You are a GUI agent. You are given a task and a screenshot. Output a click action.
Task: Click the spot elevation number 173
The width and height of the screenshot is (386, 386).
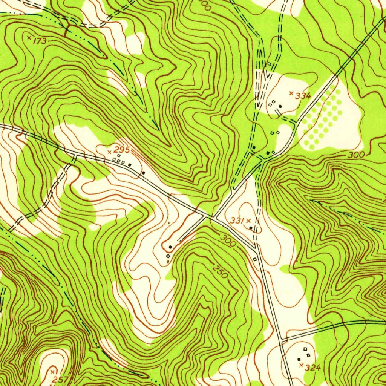coord(40,41)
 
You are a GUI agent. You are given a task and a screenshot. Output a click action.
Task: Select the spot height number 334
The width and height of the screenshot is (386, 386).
coord(303,96)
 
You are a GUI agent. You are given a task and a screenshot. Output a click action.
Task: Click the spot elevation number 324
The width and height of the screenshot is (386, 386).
coord(312,368)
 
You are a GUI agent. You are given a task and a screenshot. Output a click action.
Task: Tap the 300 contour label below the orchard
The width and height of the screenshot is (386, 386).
coord(356,155)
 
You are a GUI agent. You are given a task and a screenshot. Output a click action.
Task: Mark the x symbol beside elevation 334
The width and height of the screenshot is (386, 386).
coord(291,93)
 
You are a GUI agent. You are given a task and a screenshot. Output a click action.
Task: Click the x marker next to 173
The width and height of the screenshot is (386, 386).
coord(29,37)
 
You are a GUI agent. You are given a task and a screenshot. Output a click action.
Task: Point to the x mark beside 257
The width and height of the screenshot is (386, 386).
coord(52,372)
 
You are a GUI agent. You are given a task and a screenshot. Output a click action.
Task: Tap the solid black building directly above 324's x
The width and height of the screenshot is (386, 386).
coord(299,359)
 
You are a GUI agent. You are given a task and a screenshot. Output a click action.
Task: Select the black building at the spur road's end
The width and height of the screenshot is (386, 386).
coord(170,247)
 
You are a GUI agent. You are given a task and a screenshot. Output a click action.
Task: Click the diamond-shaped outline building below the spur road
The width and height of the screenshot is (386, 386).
coord(168,256)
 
